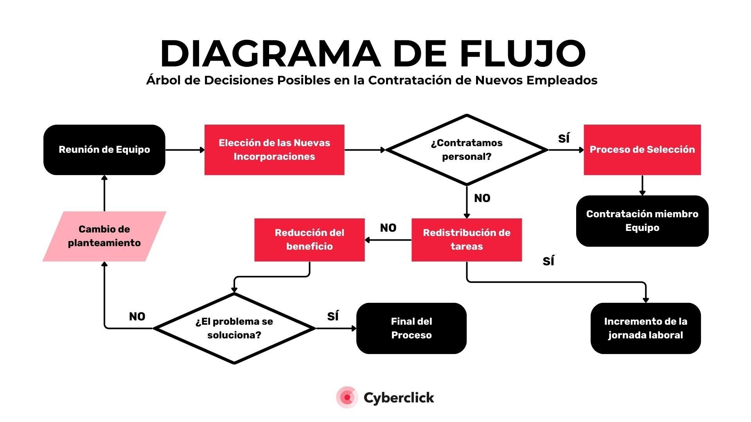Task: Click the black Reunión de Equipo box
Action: point(104,150)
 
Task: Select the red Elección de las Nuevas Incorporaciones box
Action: point(274,150)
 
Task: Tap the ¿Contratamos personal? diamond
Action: point(467,150)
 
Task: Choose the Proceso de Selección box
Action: point(642,150)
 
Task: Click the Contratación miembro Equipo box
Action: point(642,221)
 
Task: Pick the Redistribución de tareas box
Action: point(467,240)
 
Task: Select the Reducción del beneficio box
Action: point(309,240)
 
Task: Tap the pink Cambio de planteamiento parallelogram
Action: point(104,236)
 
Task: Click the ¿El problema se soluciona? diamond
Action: point(234,328)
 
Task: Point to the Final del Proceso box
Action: point(411,328)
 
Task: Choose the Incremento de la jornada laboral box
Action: point(645,328)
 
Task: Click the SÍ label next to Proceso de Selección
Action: point(564,138)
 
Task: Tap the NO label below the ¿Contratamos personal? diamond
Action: point(482,198)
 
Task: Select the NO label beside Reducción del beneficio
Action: point(388,228)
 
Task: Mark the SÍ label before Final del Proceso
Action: point(333,316)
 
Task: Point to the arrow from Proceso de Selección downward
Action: point(642,185)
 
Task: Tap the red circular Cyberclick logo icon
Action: point(347,397)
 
